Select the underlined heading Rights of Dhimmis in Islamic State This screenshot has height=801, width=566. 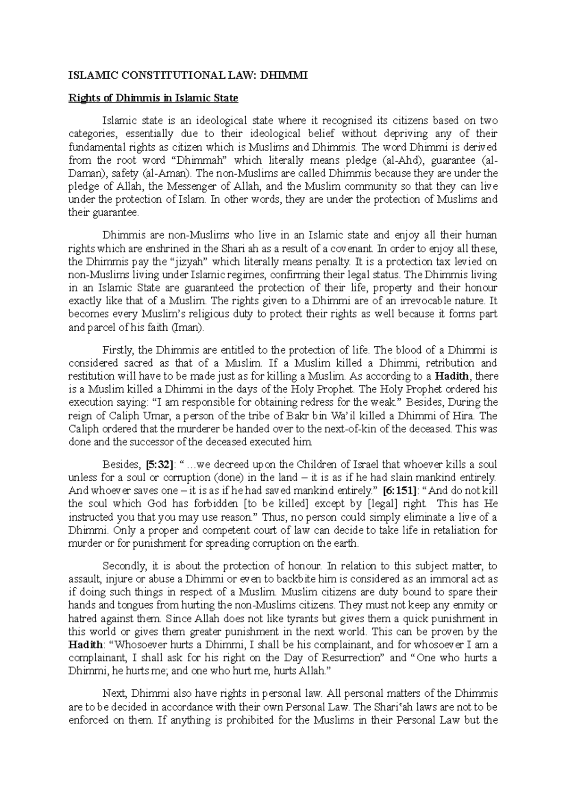(153, 99)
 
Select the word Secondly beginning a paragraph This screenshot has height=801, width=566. (123, 566)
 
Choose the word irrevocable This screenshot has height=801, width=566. (417, 300)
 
